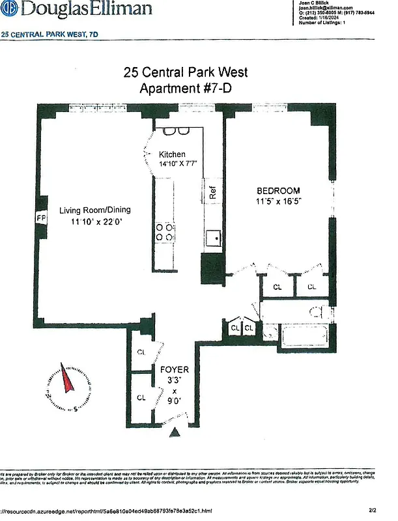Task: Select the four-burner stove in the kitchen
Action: pyautogui.click(x=164, y=232)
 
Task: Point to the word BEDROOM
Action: pyautogui.click(x=278, y=190)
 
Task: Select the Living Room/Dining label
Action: pyautogui.click(x=95, y=210)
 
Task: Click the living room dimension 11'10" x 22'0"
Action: pyautogui.click(x=96, y=222)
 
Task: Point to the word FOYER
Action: pyautogui.click(x=175, y=370)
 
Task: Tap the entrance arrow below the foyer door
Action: pyautogui.click(x=175, y=432)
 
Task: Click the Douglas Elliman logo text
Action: pyautogui.click(x=78, y=9)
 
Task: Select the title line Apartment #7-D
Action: pyautogui.click(x=186, y=89)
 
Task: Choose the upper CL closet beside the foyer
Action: pyautogui.click(x=141, y=352)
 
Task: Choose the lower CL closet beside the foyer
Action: pyautogui.click(x=141, y=397)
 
